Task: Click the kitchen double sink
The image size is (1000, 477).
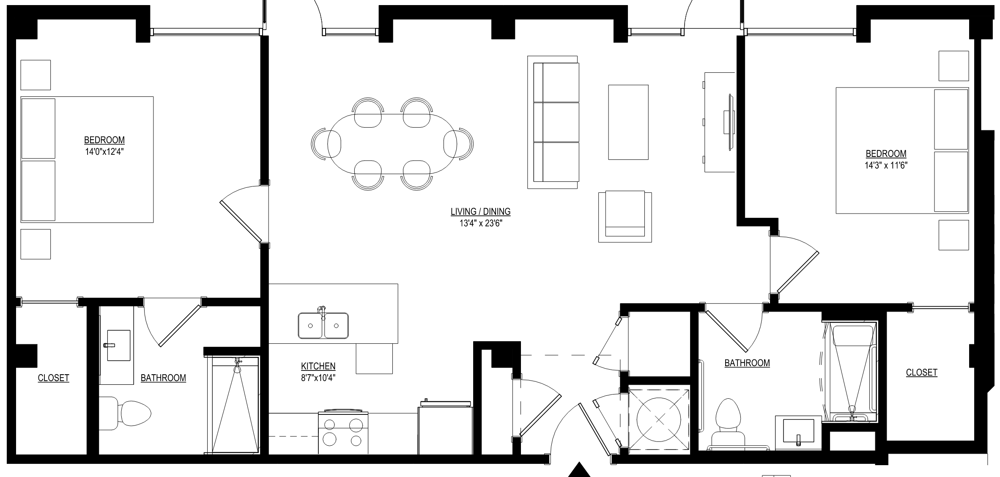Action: pyautogui.click(x=323, y=325)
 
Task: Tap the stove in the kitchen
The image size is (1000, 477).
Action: pyautogui.click(x=343, y=431)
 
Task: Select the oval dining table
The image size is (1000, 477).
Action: pyautogui.click(x=392, y=144)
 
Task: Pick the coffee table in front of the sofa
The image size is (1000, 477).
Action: pyautogui.click(x=628, y=122)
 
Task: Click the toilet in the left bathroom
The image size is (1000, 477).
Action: pyautogui.click(x=126, y=413)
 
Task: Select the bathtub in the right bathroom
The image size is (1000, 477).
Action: pyautogui.click(x=851, y=372)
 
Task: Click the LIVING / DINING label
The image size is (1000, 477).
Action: pyautogui.click(x=480, y=211)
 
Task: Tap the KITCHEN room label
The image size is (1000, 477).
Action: pyautogui.click(x=318, y=366)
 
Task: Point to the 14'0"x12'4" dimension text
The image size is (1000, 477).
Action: pyautogui.click(x=104, y=151)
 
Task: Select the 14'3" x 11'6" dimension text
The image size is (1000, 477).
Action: pyautogui.click(x=886, y=165)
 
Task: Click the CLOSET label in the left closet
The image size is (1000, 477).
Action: pyautogui.click(x=53, y=378)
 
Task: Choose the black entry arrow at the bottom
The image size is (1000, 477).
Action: pyautogui.click(x=578, y=470)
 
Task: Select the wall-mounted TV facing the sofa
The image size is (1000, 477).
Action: pyautogui.click(x=729, y=122)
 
